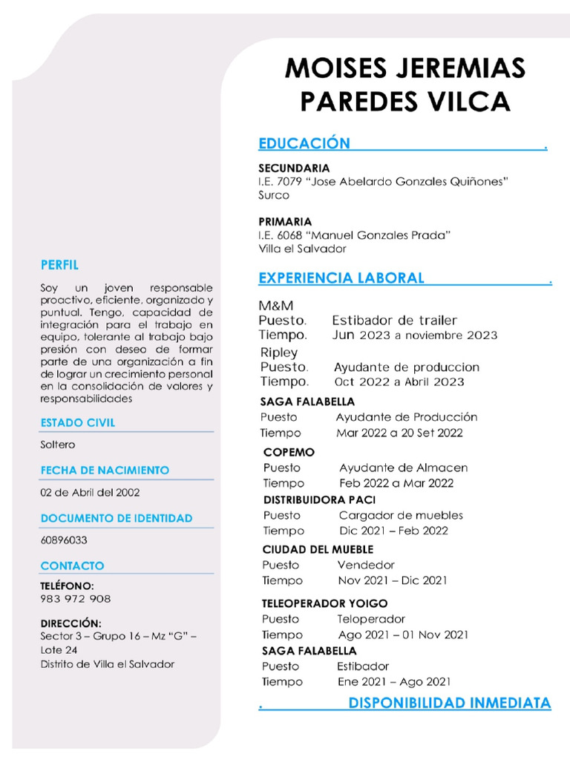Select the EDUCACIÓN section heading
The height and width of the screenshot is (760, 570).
click(304, 143)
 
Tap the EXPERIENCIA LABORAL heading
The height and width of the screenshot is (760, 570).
click(341, 278)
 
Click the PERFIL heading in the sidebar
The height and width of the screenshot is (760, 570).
click(59, 265)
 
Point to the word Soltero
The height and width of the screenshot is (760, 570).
click(58, 445)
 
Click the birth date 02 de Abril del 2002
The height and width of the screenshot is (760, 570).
click(90, 492)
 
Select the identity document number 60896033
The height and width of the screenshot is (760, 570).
click(64, 540)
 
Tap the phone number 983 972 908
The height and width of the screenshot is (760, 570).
click(76, 599)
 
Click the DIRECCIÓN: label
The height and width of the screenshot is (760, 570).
click(71, 623)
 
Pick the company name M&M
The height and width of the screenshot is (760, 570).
click(276, 306)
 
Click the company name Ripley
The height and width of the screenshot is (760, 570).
click(279, 353)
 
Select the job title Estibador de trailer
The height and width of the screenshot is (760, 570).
click(394, 321)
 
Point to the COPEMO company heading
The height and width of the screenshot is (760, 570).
click(289, 452)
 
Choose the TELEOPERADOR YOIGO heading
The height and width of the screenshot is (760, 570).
click(324, 603)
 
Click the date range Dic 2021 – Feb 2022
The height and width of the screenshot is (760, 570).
click(393, 531)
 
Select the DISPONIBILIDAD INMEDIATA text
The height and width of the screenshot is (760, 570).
click(450, 703)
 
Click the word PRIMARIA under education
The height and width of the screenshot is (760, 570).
click(285, 221)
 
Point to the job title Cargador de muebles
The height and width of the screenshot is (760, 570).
click(401, 515)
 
